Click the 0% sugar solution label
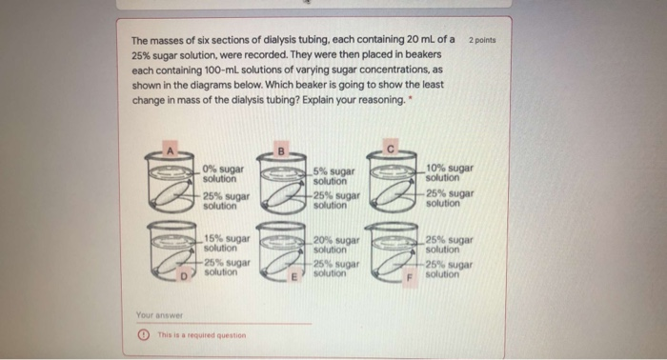pyautogui.click(x=223, y=173)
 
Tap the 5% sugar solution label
pyautogui.click(x=334, y=175)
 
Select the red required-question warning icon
pyautogui.click(x=142, y=334)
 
